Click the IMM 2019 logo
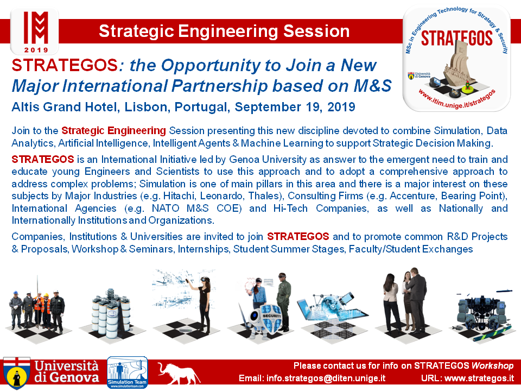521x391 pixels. (35, 32)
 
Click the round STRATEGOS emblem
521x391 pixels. (456, 59)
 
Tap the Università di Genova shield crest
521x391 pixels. (17, 374)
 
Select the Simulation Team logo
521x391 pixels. (127, 373)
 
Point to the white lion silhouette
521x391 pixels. (179, 374)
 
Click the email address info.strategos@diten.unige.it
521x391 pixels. (312, 379)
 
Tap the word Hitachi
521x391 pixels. (178, 196)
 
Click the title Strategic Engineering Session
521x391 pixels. (224, 31)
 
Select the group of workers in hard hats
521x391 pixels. (37, 311)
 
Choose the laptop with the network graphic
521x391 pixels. (332, 308)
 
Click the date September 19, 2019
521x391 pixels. (295, 107)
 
